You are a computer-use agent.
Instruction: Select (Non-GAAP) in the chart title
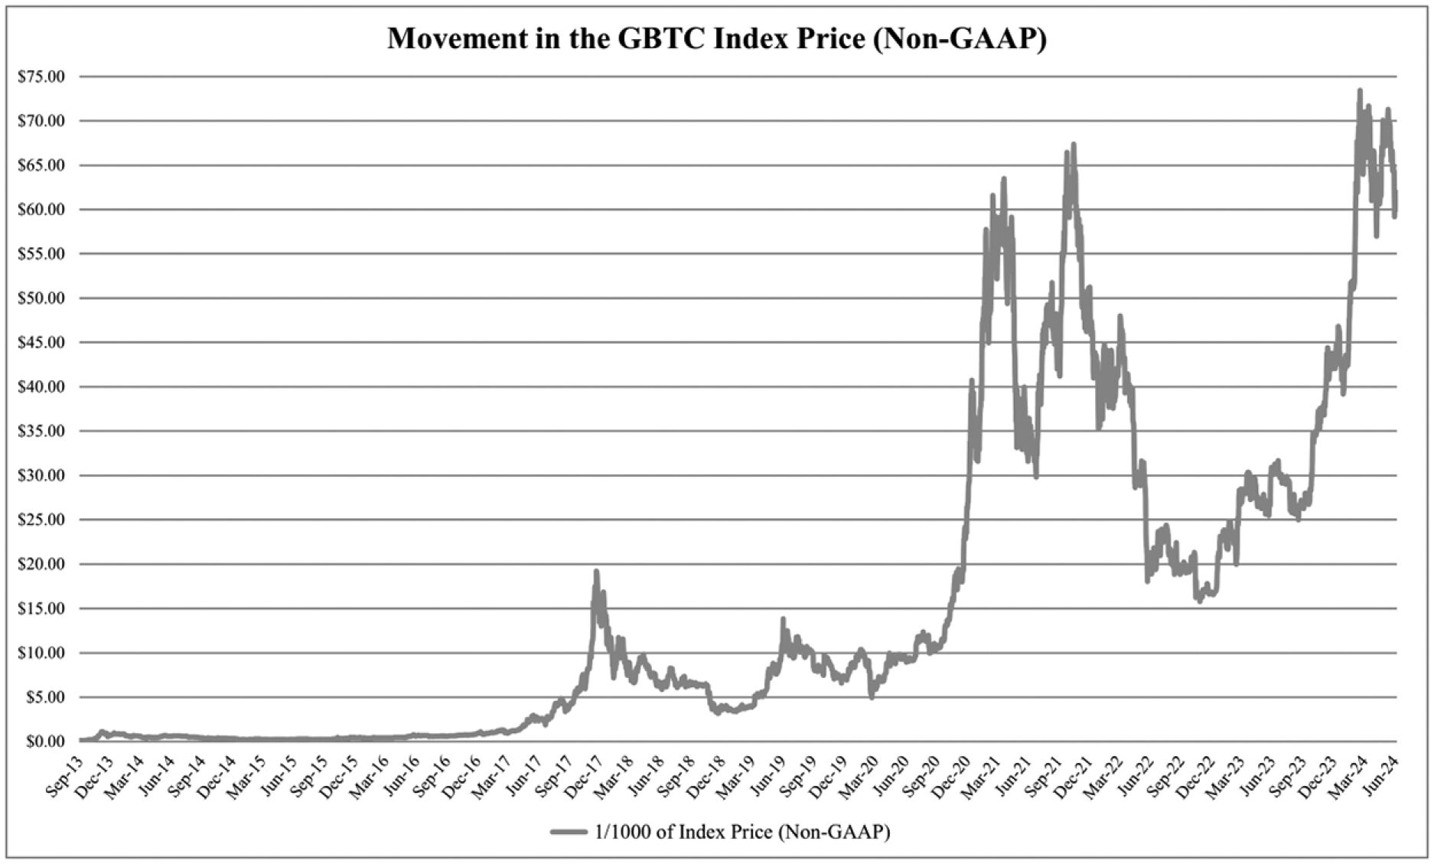click(960, 38)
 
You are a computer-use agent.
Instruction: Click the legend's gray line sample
click(569, 832)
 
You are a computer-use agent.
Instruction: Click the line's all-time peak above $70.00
click(1360, 91)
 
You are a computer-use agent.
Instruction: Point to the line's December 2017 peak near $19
click(596, 572)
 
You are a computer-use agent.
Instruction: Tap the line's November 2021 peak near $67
click(1074, 145)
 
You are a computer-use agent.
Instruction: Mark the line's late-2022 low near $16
click(1199, 601)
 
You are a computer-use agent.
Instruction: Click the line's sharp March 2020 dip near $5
click(872, 696)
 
